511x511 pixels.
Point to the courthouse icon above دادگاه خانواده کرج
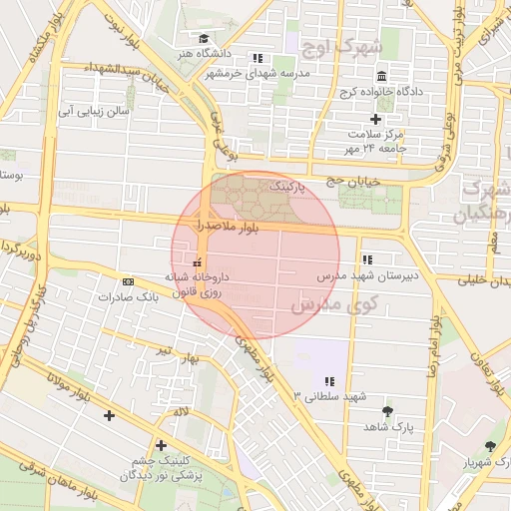tap(381, 78)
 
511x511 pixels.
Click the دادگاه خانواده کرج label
tap(381, 93)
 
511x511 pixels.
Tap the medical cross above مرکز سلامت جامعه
tap(376, 119)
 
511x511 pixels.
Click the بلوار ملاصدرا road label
tap(228, 229)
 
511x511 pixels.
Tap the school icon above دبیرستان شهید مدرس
tap(366, 258)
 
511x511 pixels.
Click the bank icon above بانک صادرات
tap(128, 282)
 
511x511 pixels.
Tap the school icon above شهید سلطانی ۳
tap(329, 381)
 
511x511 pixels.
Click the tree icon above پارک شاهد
tap(387, 410)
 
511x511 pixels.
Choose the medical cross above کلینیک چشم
tap(161, 445)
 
